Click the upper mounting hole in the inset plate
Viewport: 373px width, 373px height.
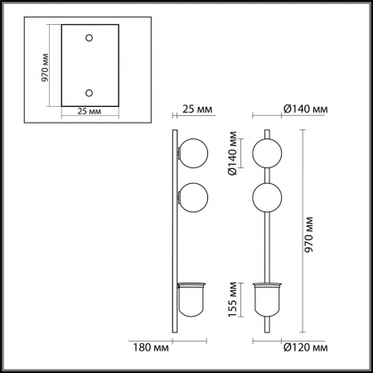click(x=90, y=39)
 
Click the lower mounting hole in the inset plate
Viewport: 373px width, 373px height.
click(x=90, y=93)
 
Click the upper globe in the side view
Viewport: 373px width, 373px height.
click(x=192, y=155)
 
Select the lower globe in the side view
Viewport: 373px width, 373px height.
click(x=192, y=199)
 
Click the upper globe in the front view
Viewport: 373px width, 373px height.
click(x=266, y=155)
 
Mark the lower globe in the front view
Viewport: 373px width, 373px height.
click(x=266, y=199)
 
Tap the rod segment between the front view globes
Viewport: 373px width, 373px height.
click(x=266, y=177)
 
